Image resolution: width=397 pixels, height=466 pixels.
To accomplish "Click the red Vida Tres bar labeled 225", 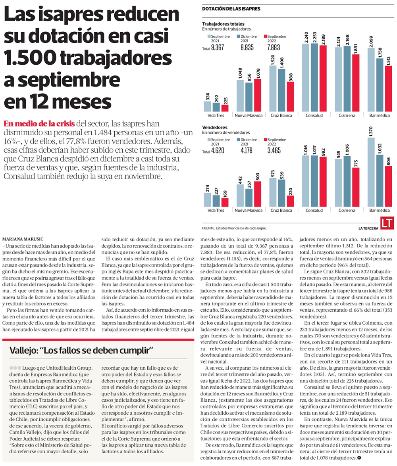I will pos(225,108).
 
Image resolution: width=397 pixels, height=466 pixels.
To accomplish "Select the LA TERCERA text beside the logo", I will pos(368,228).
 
